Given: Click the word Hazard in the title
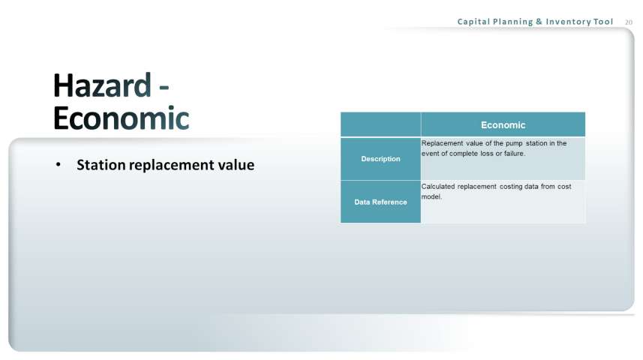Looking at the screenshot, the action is [x=102, y=85].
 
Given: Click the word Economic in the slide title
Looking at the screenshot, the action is [x=122, y=118].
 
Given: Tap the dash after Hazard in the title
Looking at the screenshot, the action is [x=164, y=87].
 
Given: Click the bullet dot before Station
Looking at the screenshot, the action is [x=59, y=165].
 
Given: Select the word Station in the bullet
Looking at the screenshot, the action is [x=101, y=165].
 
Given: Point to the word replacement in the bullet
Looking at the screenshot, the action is [x=171, y=166].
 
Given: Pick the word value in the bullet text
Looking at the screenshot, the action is [x=236, y=165].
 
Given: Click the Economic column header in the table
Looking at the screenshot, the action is [x=503, y=125].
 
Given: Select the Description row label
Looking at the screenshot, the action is [x=380, y=159].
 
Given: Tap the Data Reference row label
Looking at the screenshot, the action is [x=380, y=202].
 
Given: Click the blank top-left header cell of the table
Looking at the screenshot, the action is [x=380, y=124].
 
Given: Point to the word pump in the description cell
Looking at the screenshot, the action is [x=514, y=144].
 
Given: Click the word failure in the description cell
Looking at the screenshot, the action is [x=514, y=154].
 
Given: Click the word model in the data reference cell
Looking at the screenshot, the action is [x=431, y=196].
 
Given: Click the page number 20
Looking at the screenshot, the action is [x=629, y=22].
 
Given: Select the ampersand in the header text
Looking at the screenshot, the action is [x=539, y=22].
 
